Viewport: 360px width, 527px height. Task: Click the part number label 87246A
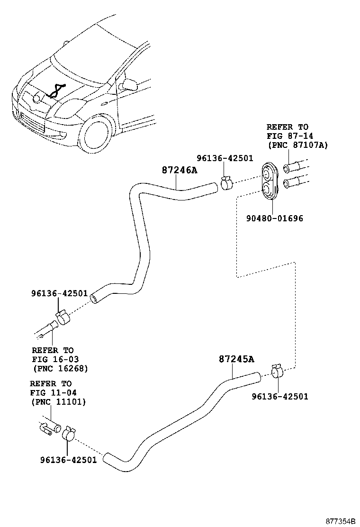coord(179,169)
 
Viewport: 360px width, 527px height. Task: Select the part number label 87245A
coord(236,360)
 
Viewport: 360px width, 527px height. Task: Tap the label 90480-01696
coord(274,218)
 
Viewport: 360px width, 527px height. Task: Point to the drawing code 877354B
coord(340,521)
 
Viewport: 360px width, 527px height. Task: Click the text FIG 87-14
coord(288,136)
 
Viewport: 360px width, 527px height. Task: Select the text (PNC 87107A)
coord(297,145)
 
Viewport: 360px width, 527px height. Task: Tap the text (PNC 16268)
coord(61,368)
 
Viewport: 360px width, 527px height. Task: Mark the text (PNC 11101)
coord(58,402)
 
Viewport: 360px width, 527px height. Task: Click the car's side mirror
coord(128,85)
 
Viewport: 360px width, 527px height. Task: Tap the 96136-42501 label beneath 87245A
coord(279,396)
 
